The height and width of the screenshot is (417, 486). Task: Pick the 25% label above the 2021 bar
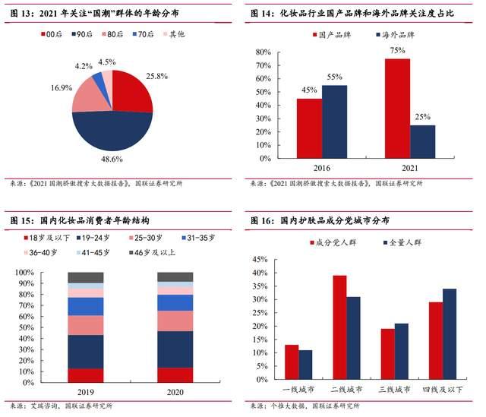(422, 116)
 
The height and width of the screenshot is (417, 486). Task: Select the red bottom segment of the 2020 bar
(175, 375)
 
